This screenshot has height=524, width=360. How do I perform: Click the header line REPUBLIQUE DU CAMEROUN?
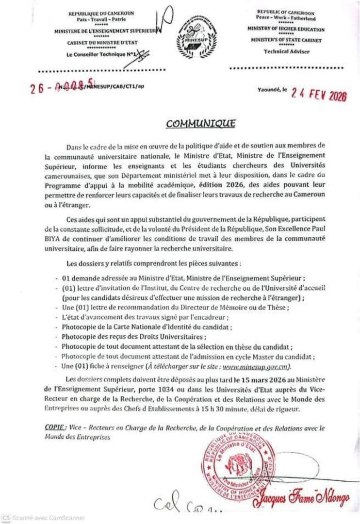click(x=101, y=14)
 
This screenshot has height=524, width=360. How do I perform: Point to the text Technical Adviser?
click(x=286, y=51)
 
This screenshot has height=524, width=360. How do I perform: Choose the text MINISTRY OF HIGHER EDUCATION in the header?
click(x=285, y=29)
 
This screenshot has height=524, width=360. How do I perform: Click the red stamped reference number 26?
click(x=35, y=91)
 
